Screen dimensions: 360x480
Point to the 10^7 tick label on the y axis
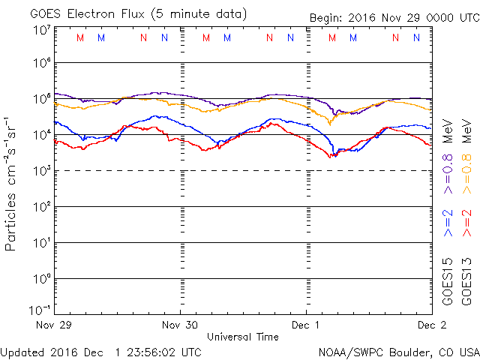(41, 31)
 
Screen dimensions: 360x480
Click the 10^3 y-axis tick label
(41, 171)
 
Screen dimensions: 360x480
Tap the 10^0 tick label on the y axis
(41, 279)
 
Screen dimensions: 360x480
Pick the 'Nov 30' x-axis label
(181, 325)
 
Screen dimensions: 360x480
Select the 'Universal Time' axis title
(243, 337)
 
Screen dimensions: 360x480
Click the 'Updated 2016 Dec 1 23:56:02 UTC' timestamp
(100, 351)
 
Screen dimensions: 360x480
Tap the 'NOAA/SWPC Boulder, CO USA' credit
(398, 351)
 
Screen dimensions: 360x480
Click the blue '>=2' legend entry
(448, 223)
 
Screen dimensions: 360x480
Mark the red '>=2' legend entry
(466, 223)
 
